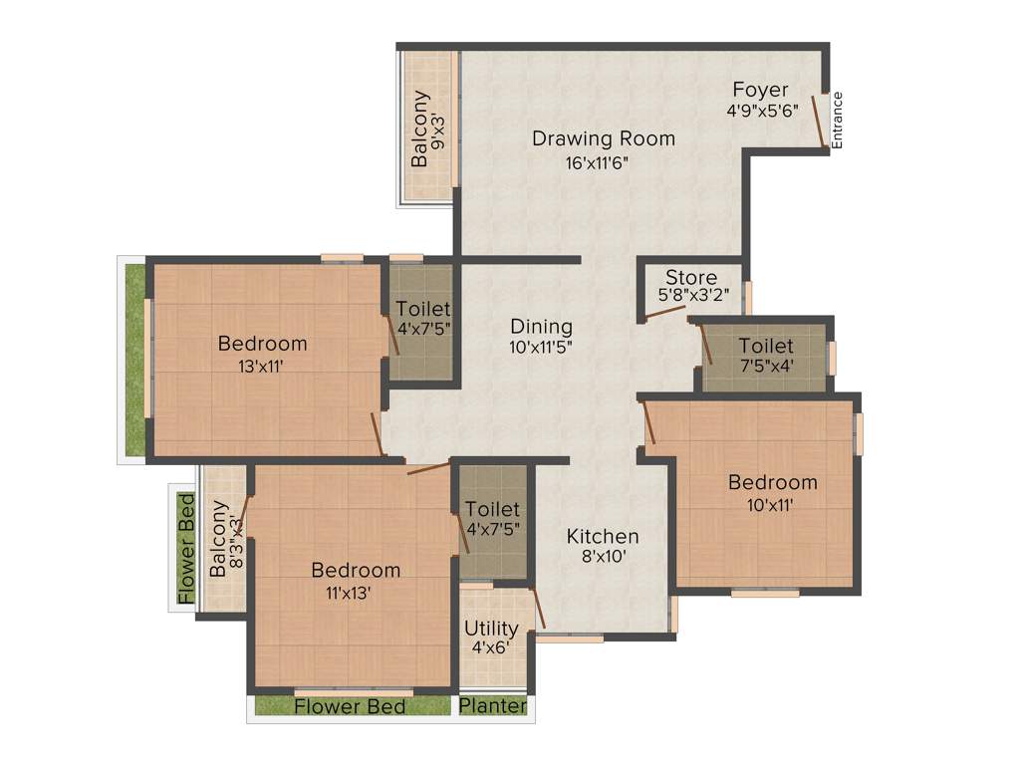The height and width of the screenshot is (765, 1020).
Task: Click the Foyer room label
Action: (x=760, y=90)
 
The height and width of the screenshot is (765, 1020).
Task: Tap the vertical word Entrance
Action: (x=837, y=121)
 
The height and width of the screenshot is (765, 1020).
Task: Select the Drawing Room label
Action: (x=603, y=138)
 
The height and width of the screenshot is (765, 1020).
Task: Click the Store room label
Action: (x=690, y=277)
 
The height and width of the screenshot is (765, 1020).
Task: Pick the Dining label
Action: (x=541, y=326)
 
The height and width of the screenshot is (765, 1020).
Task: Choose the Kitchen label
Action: (x=603, y=536)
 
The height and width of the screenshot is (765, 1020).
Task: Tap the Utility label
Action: (x=491, y=629)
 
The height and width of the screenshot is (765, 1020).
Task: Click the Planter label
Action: (x=494, y=706)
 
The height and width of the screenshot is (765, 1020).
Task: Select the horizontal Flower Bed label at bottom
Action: (x=350, y=706)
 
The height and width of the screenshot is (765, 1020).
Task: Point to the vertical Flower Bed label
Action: (x=185, y=548)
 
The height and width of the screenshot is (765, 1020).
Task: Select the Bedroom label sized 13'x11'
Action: (x=263, y=344)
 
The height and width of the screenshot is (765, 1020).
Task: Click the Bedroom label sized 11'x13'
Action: (x=356, y=570)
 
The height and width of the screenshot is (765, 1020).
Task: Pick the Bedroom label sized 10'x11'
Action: (x=772, y=482)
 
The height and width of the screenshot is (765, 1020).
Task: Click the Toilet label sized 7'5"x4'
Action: (x=765, y=346)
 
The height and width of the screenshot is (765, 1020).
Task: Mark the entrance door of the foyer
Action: (x=820, y=121)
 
